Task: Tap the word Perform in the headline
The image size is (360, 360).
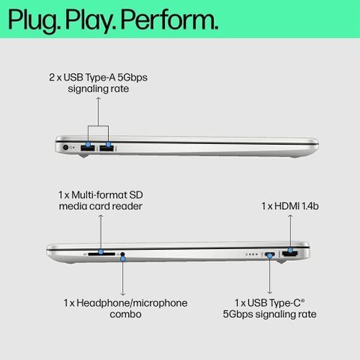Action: (x=169, y=19)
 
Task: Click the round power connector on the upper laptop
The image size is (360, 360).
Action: (x=66, y=148)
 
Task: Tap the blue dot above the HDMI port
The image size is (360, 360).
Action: (x=290, y=250)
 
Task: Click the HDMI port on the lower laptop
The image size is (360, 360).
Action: (x=290, y=254)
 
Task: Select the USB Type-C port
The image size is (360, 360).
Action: (x=270, y=255)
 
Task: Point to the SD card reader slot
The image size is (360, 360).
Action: (x=101, y=254)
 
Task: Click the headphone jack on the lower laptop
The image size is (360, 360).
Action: (x=122, y=254)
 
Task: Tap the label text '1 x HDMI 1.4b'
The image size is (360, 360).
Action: (x=290, y=206)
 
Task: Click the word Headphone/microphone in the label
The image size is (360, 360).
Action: (x=132, y=303)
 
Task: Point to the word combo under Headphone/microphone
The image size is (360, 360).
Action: (x=125, y=314)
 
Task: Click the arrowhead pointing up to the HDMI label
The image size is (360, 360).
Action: (x=290, y=216)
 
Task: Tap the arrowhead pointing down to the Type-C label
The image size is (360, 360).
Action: (x=270, y=292)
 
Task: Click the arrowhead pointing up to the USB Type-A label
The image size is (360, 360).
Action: (x=98, y=99)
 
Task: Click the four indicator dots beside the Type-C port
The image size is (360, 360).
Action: (x=252, y=254)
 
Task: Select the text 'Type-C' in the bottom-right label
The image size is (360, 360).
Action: (x=287, y=303)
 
